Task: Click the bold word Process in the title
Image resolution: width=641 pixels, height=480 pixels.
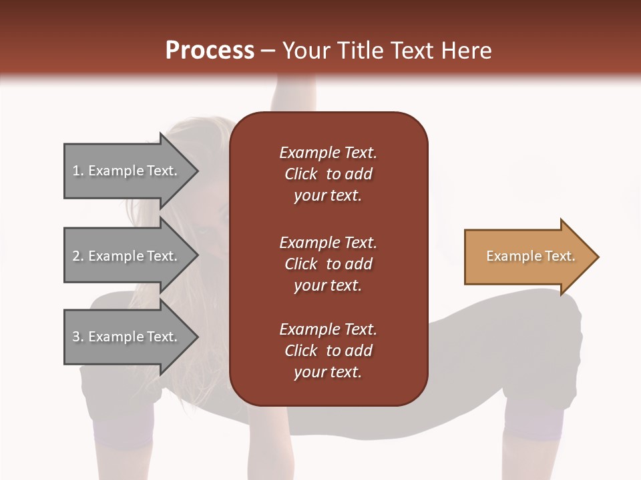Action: coord(210,51)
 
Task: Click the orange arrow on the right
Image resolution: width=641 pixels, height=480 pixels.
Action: coord(527,257)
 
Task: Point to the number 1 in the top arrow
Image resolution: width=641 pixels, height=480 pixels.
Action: coord(77,171)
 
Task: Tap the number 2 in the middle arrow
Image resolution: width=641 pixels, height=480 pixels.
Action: coord(77,256)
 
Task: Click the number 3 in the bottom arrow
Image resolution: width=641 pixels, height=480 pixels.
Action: coord(77,337)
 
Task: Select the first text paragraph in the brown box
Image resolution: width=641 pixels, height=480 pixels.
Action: coord(328,174)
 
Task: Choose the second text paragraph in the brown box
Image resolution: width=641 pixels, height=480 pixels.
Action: coord(328,264)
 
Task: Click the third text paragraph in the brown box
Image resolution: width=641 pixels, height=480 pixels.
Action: coord(328,351)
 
